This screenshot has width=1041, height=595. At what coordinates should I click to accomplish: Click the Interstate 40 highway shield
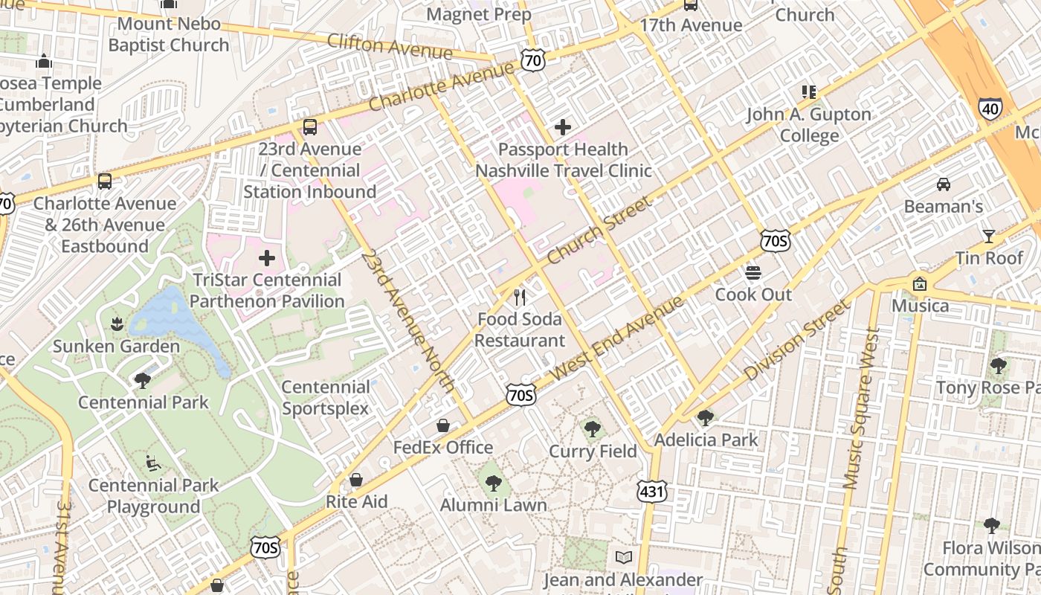pos(990,109)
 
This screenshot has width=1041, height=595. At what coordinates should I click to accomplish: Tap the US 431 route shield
pos(651,491)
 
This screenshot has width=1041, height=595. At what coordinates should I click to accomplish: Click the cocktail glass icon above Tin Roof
pos(988,237)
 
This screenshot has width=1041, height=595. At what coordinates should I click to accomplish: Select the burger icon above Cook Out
pos(753,272)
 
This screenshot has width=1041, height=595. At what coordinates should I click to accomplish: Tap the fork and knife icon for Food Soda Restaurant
pos(520,297)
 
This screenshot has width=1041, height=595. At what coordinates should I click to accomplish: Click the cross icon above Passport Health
pos(563,127)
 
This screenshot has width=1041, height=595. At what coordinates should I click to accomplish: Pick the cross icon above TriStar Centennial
pos(266,259)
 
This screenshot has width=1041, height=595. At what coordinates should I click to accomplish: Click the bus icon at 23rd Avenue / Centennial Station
pos(310,127)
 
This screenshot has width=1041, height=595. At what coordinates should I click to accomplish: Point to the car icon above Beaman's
pos(943,184)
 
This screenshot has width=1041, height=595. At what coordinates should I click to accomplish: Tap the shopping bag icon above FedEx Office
pos(442,425)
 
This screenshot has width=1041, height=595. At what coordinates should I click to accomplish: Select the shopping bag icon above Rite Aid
pos(356,480)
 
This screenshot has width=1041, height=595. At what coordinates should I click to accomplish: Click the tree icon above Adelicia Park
pos(705,418)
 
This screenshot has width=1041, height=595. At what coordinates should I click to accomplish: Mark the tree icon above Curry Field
pos(593,429)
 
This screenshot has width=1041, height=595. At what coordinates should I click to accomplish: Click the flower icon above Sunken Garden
pos(116,324)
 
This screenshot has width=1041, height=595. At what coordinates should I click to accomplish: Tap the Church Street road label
pos(599,231)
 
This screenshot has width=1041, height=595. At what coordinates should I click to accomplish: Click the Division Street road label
pos(796,341)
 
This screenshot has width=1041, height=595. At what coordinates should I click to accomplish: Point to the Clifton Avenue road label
pos(389,46)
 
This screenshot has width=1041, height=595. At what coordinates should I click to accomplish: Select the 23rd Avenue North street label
pos(407,321)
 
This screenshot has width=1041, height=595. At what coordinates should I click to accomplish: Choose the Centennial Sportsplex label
pos(326,398)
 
